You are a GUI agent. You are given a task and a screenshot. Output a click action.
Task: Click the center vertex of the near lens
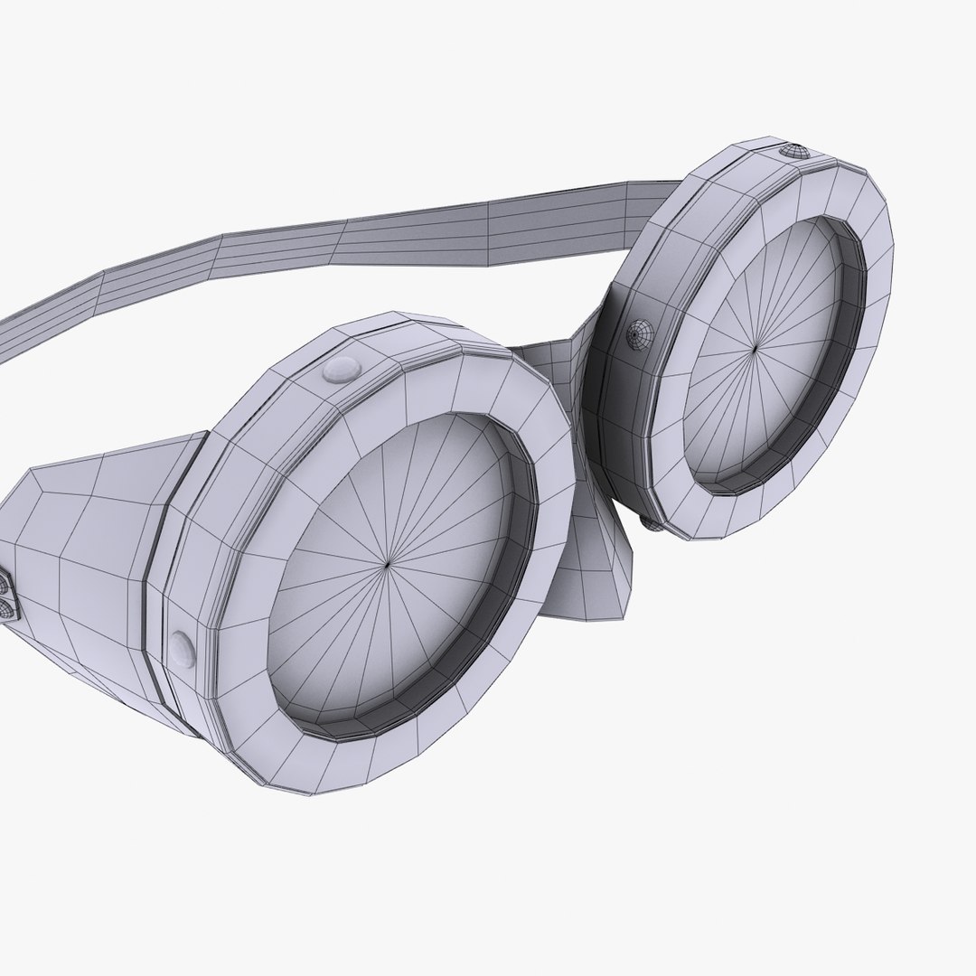387,564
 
